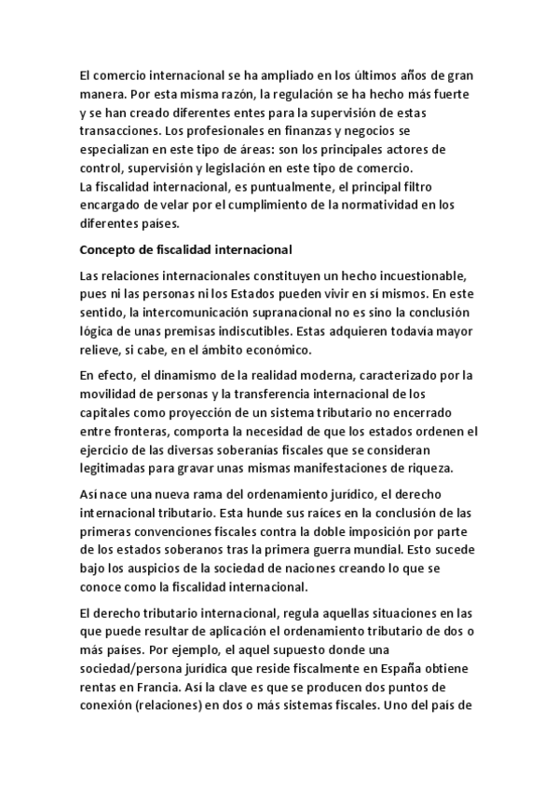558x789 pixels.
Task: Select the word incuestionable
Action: [415, 276]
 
